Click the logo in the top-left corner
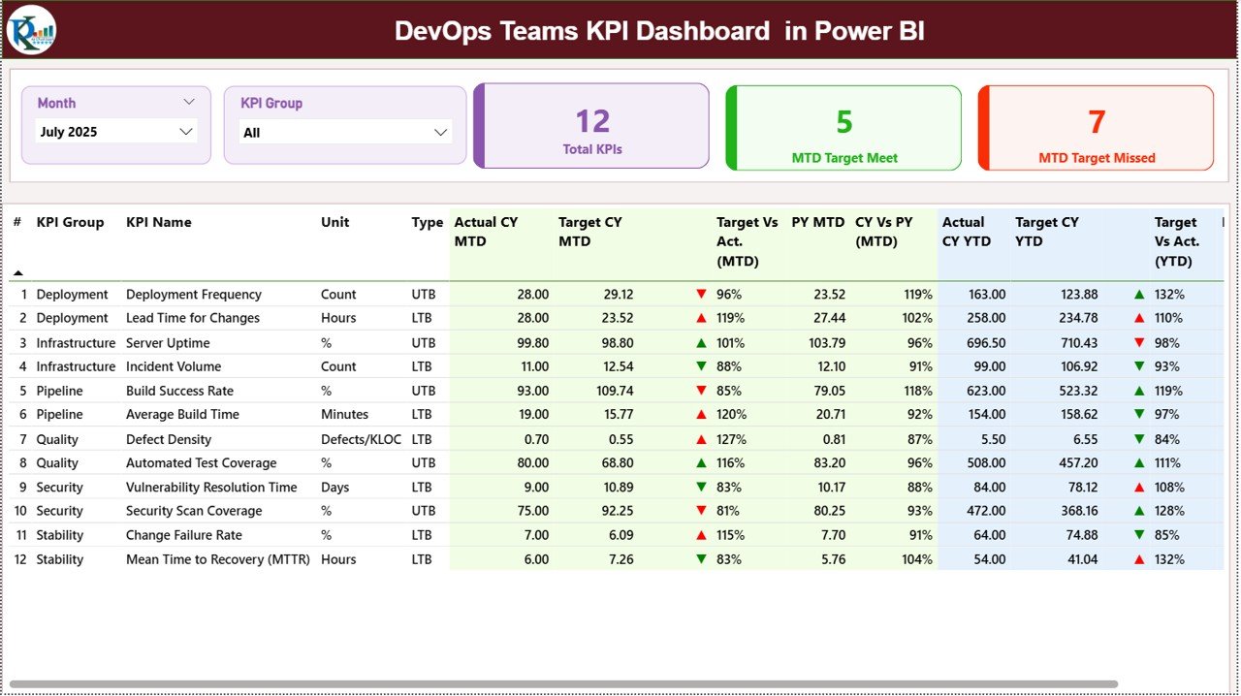[x=31, y=30]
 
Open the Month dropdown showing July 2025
[x=115, y=132]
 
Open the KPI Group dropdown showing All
[x=345, y=133]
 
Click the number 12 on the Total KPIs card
[x=592, y=121]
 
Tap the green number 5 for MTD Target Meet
[x=843, y=122]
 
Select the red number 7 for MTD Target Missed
[x=1097, y=122]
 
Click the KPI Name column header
[x=159, y=222]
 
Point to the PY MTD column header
[x=817, y=222]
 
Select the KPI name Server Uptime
[x=168, y=343]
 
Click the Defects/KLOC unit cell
[x=361, y=439]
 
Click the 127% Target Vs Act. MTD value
[x=729, y=439]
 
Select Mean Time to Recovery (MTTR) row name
[x=217, y=559]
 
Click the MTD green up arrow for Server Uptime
[x=701, y=343]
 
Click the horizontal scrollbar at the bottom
[x=562, y=684]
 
